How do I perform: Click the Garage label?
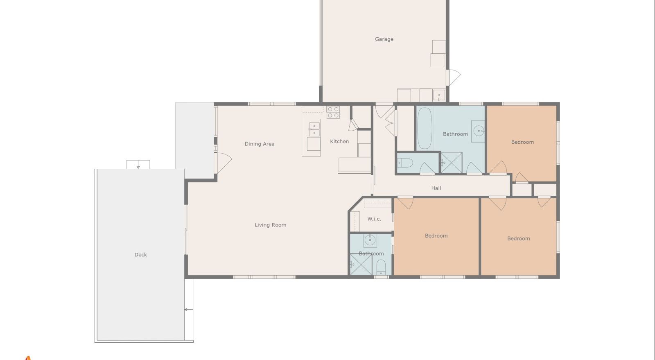coord(384,39)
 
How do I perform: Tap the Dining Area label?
coord(260,144)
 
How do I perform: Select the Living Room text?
coord(271,225)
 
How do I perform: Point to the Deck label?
coord(141,255)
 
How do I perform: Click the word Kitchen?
coord(339,142)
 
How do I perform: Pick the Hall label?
coord(436,188)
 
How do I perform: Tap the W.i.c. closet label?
coord(374,219)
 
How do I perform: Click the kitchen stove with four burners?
coord(333,112)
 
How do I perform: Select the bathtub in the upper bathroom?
coord(425,128)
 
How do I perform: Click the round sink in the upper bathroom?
coord(479,130)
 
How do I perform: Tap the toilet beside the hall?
coord(405,163)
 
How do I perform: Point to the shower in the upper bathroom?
coord(452,163)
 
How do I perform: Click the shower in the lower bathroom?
coord(361,265)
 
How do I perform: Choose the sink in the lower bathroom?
coord(370,240)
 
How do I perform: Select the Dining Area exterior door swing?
coord(224,163)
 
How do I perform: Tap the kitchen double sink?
coord(314,129)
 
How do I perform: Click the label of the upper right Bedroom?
coord(522,142)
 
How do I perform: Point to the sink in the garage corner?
coord(439,95)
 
